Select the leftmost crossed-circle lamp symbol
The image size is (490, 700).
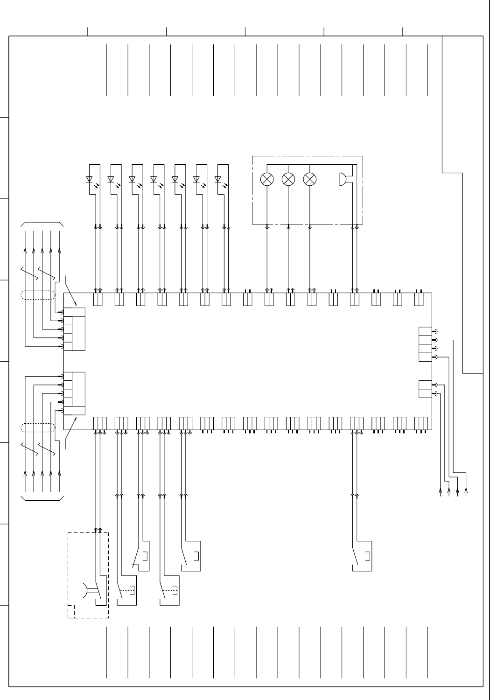pyautogui.click(x=267, y=179)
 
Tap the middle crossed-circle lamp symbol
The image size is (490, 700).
pyautogui.click(x=288, y=179)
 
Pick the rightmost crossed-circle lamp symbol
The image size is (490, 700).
pyautogui.click(x=310, y=179)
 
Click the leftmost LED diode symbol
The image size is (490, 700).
pyautogui.click(x=90, y=179)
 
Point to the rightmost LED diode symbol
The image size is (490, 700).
pyautogui.click(x=218, y=179)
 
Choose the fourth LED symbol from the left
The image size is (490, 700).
pyautogui.click(x=154, y=179)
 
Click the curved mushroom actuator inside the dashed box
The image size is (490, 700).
pyautogui.click(x=85, y=590)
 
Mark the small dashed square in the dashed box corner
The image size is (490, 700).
pyautogui.click(x=71, y=611)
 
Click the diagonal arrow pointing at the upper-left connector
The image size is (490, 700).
pyautogui.click(x=71, y=292)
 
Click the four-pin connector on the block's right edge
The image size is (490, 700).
pyautogui.click(x=425, y=344)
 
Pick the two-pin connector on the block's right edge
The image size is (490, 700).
pyautogui.click(x=425, y=389)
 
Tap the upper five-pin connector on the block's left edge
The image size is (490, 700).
pyautogui.click(x=75, y=329)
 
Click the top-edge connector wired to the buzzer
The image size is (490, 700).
pyautogui.click(x=355, y=299)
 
